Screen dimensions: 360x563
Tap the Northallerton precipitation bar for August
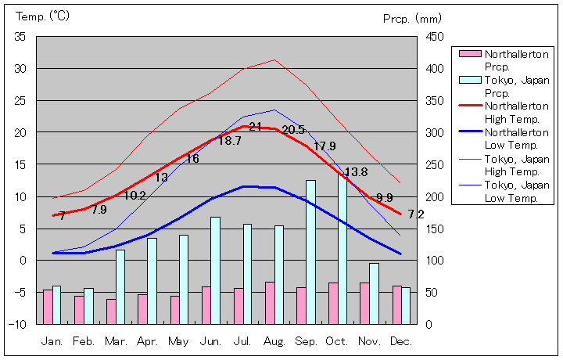click(269, 303)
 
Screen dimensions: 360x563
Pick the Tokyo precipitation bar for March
click(120, 286)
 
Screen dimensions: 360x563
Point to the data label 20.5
click(293, 130)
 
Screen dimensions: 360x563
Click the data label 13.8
click(356, 172)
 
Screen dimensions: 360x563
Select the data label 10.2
click(135, 196)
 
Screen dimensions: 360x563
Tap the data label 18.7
click(229, 142)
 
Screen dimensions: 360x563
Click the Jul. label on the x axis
click(242, 341)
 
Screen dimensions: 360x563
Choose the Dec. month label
click(400, 341)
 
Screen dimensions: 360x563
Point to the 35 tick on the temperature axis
click(20, 37)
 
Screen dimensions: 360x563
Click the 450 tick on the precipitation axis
click(435, 37)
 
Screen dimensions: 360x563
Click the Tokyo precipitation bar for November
click(374, 293)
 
